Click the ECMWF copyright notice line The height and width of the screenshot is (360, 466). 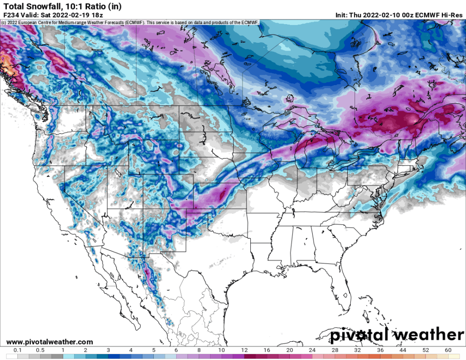coord(130,22)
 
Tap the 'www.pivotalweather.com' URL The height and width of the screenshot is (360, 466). coord(50,342)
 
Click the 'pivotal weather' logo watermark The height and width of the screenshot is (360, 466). coord(396,335)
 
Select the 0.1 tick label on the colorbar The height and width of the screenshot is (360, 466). coord(17,350)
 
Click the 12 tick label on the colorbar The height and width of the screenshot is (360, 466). coord(244,350)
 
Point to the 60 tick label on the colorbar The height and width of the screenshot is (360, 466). coord(448,350)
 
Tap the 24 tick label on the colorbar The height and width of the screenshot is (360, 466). coord(312,350)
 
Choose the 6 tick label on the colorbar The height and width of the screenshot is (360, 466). coord(176,350)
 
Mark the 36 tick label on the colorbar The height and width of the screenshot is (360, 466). coord(380,350)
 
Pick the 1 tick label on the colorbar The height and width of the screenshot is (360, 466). coord(63,350)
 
